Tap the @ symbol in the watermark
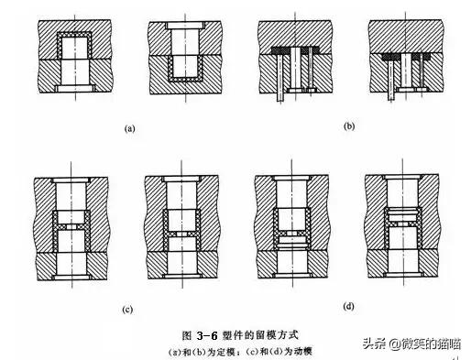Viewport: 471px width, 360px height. click(392, 344)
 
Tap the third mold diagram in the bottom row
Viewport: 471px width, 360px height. click(291, 228)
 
